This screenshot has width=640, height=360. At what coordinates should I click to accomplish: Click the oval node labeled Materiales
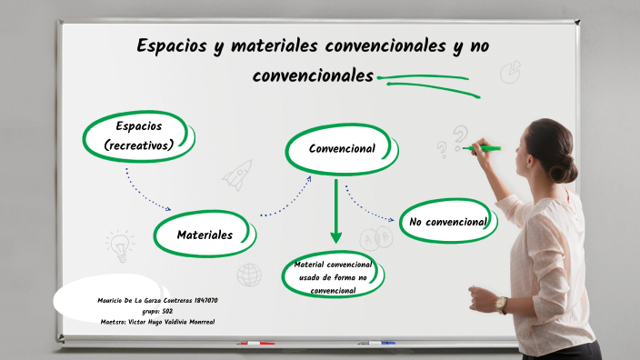coord(205,235)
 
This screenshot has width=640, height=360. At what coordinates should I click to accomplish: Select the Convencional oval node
coord(342,148)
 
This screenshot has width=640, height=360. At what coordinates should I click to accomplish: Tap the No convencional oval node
coord(448,222)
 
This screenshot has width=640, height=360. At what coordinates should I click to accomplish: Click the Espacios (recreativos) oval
coord(139,135)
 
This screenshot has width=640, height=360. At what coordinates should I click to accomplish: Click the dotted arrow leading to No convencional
coord(368,208)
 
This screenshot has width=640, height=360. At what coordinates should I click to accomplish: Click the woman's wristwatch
coord(501,304)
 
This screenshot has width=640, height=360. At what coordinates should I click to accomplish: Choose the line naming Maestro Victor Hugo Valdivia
coord(158,322)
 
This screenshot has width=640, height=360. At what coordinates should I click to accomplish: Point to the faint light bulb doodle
coord(119,244)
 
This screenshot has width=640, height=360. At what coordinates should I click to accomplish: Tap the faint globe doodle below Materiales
coord(249,274)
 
